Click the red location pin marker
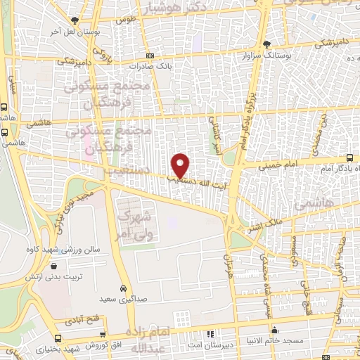click(x=181, y=165)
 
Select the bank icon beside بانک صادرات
click(x=150, y=56)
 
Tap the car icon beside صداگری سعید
click(x=124, y=289)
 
